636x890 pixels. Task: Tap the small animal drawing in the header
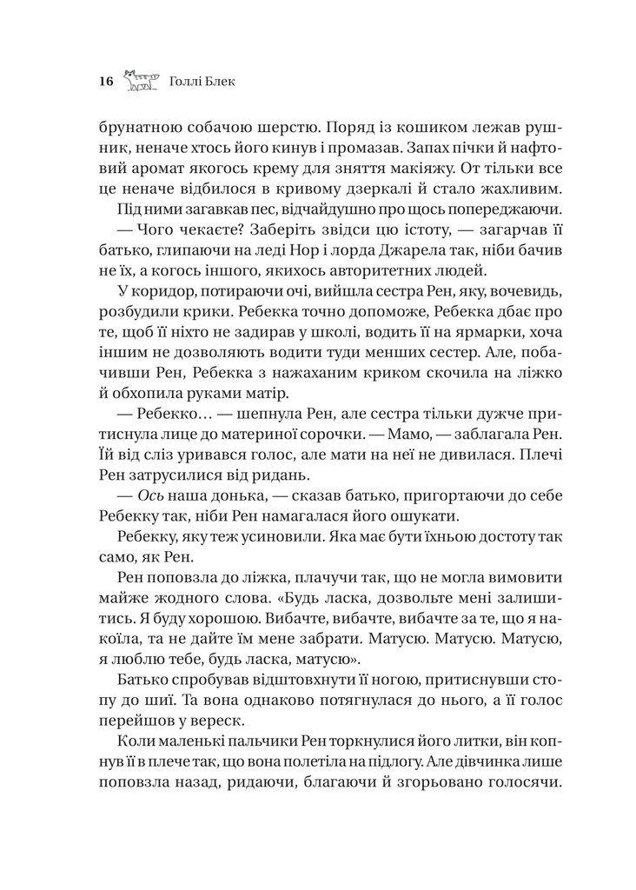click(x=141, y=81)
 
